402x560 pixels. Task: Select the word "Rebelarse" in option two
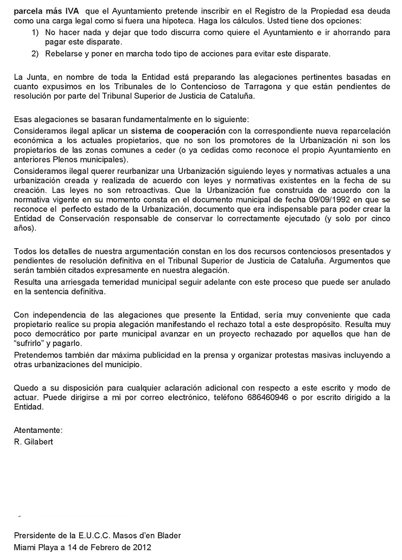click(63, 53)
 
